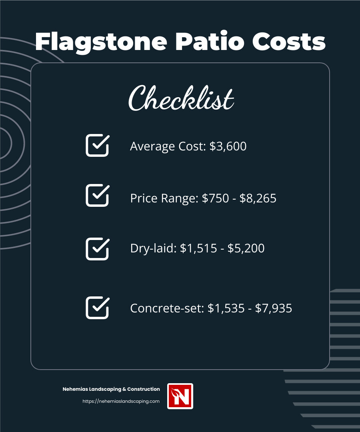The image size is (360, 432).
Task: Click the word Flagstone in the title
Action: pyautogui.click(x=101, y=41)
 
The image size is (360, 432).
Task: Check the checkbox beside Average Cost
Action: pyautogui.click(x=97, y=145)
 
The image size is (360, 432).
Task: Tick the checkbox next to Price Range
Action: pyautogui.click(x=97, y=196)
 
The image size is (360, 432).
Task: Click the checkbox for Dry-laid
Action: pyautogui.click(x=97, y=249)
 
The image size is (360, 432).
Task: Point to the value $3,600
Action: pyautogui.click(x=228, y=146)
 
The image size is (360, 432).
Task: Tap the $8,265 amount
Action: pyautogui.click(x=258, y=198)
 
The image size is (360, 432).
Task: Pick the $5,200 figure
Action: pyautogui.click(x=246, y=248)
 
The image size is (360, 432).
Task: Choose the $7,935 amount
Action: pyautogui.click(x=274, y=308)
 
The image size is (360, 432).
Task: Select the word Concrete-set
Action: pyautogui.click(x=167, y=308)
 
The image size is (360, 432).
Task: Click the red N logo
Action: pyautogui.click(x=180, y=396)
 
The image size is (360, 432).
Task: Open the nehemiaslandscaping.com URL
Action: pyautogui.click(x=121, y=401)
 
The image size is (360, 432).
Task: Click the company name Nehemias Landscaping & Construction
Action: pyautogui.click(x=111, y=389)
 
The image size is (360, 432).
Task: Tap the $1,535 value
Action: pyautogui.click(x=226, y=308)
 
